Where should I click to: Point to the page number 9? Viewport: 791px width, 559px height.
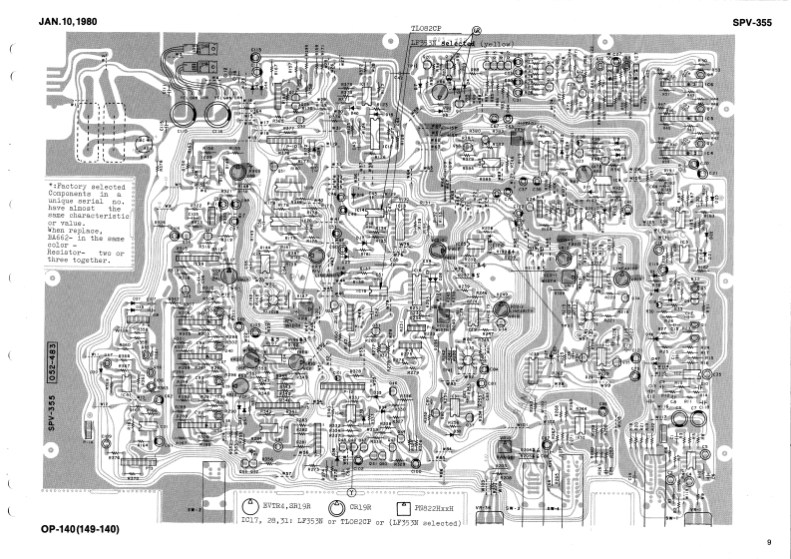coord(769,542)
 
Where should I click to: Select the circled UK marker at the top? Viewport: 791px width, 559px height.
coord(476,32)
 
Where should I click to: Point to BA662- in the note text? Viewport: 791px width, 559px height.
coord(62,238)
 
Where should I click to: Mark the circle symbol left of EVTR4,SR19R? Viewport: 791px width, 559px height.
coord(250,507)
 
